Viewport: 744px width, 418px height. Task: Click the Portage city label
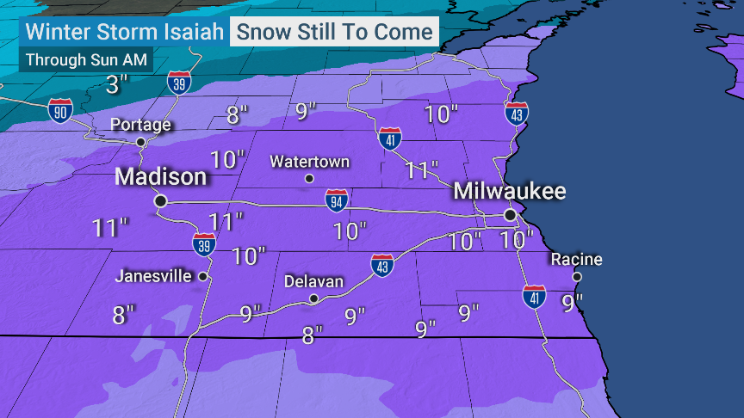click(x=141, y=125)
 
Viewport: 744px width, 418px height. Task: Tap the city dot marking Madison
click(x=160, y=200)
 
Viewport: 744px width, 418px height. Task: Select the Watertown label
click(x=309, y=161)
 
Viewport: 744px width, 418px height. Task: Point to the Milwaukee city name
click(x=510, y=190)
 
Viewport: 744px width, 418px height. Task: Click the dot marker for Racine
click(x=577, y=277)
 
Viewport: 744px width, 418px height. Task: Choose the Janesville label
click(x=155, y=277)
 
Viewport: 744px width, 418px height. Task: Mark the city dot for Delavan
click(x=314, y=298)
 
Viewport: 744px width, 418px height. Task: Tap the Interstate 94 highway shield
click(x=337, y=201)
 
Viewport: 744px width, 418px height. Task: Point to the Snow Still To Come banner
click(x=334, y=33)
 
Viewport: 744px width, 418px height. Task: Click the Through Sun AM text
click(x=86, y=60)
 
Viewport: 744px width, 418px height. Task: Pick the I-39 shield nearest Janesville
click(x=204, y=244)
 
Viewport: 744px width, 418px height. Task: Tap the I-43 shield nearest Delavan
click(x=382, y=265)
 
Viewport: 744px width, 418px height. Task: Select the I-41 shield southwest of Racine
click(x=534, y=298)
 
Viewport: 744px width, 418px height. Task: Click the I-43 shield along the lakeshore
click(x=516, y=114)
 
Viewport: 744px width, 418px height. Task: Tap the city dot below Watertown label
click(x=309, y=179)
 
